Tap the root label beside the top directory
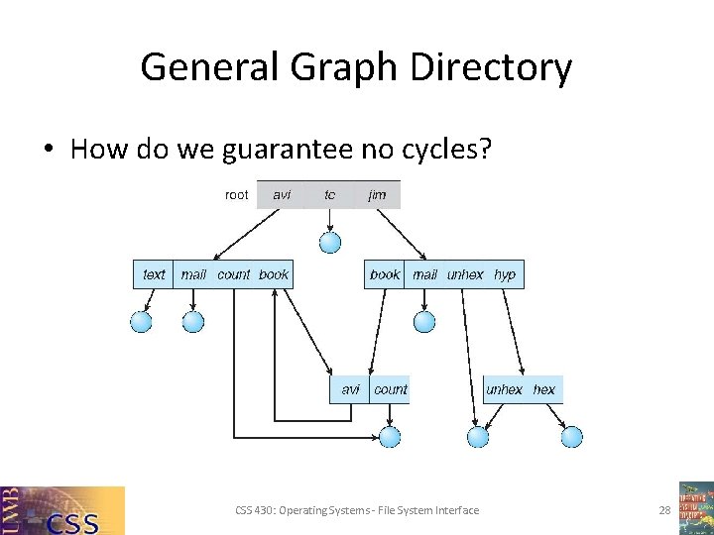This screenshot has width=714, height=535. point(237,195)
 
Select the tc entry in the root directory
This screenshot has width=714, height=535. point(330,195)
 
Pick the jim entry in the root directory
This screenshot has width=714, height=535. point(378,195)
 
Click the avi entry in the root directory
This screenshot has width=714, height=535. point(283,195)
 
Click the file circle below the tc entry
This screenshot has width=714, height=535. point(330,242)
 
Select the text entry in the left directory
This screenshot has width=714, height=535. point(154,274)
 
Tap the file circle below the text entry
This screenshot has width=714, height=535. point(142,321)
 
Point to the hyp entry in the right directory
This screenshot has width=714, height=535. point(505,274)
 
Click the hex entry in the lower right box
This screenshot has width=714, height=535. point(544,389)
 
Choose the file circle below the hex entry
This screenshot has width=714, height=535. point(572,436)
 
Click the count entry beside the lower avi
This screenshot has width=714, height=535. point(391,389)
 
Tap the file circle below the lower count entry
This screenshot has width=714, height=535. point(390,436)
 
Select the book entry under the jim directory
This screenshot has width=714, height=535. point(385,274)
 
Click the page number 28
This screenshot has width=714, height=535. point(664,510)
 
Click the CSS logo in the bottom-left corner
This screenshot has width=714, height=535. point(62,510)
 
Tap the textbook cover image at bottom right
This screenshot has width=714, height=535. point(695,507)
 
